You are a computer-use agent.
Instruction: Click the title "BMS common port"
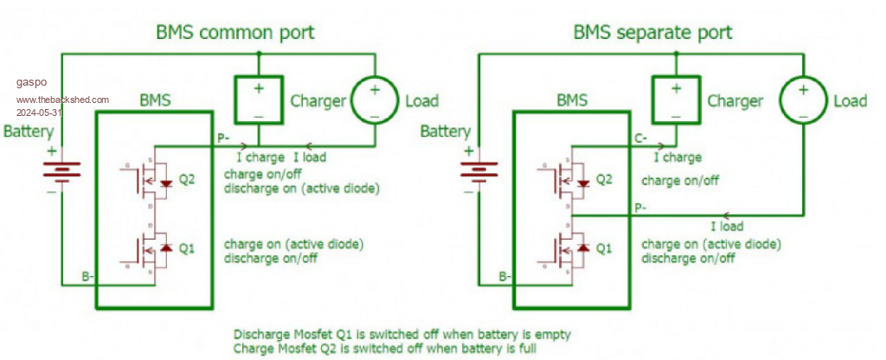(x=234, y=33)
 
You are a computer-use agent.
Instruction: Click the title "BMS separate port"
(x=652, y=33)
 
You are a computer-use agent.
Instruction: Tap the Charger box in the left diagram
(x=258, y=100)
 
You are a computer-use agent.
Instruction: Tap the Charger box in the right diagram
(x=675, y=100)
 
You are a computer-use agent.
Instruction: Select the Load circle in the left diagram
(x=375, y=100)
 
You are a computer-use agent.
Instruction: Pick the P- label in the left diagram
(x=223, y=138)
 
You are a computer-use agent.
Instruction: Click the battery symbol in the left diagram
(x=56, y=170)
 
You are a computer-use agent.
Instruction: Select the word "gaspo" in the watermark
(x=29, y=83)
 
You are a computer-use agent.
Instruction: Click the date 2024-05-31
(x=38, y=112)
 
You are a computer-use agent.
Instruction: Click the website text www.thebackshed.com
(x=61, y=100)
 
